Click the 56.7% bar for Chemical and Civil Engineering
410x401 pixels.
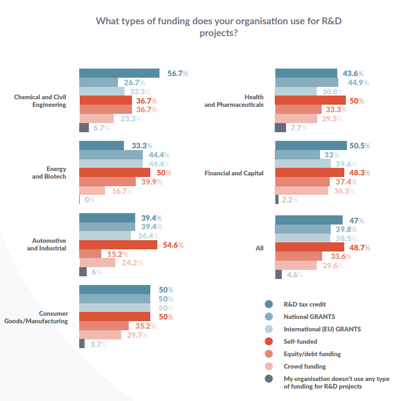point(119,73)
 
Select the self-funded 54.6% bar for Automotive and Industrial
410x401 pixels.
point(118,245)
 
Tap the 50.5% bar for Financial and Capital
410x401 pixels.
point(311,146)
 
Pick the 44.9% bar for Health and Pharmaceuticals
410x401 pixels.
point(307,83)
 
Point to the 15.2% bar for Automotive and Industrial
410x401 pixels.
point(90,254)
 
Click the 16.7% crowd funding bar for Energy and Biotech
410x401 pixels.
point(92,191)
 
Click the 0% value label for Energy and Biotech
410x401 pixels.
point(89,200)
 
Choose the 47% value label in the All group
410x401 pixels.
point(356,221)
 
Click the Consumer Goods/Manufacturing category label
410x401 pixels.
point(36,317)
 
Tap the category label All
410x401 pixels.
point(259,248)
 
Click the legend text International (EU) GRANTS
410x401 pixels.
point(322,329)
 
